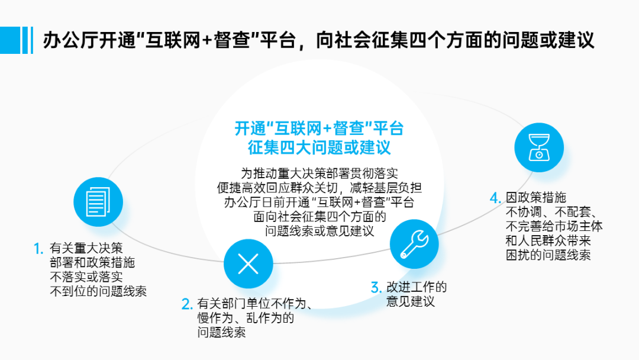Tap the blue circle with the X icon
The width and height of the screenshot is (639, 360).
[x=248, y=263]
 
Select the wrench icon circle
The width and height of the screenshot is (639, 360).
[x=414, y=243]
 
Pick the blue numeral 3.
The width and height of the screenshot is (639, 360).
[x=376, y=288]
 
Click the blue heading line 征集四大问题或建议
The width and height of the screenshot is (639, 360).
[x=319, y=146]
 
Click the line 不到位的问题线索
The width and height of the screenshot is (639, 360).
[x=98, y=291]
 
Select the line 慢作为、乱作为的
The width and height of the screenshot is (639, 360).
[x=246, y=318]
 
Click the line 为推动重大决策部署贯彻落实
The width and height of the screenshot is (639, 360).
[x=319, y=173]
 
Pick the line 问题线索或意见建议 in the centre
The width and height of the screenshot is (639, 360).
[x=319, y=231]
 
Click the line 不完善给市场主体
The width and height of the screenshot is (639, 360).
[x=554, y=226]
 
